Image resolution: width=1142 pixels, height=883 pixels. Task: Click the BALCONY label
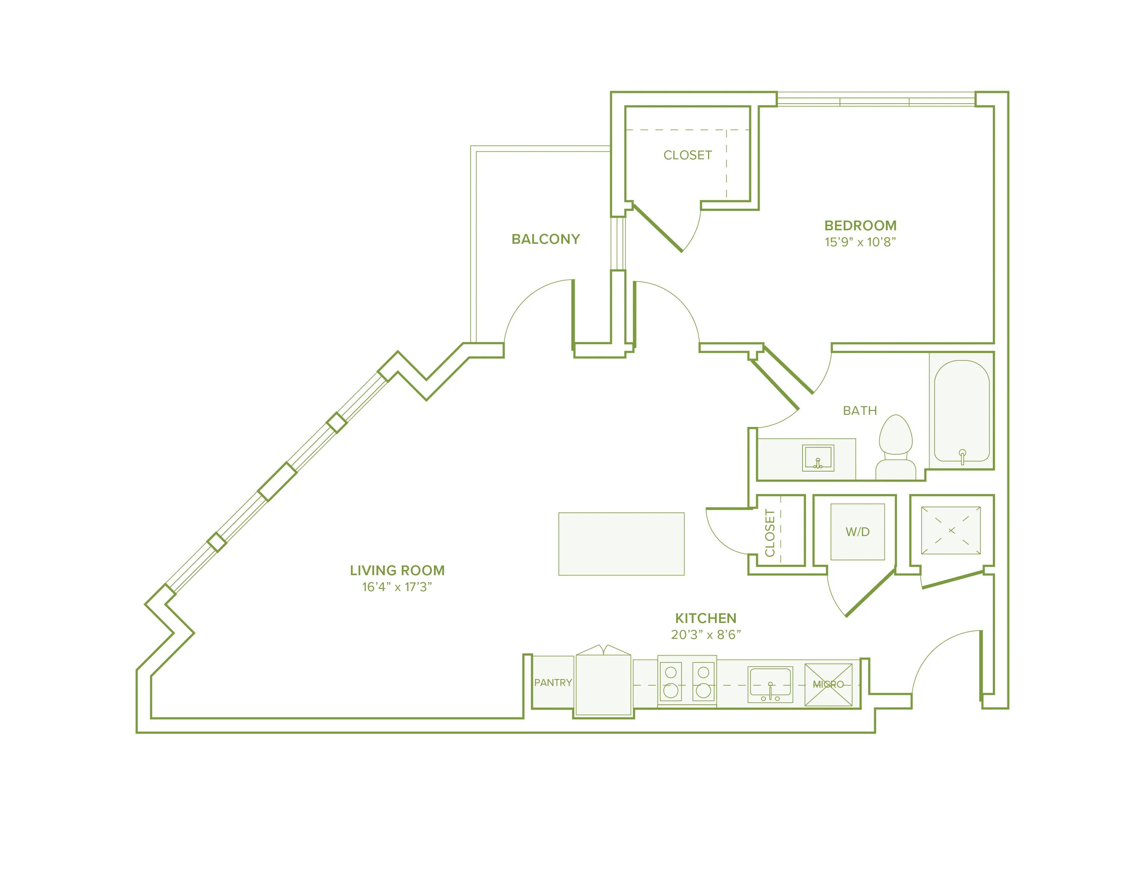coord(545,239)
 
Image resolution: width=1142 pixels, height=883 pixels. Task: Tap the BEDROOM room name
coord(860,226)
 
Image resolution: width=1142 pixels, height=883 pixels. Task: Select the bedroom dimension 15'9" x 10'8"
coord(860,242)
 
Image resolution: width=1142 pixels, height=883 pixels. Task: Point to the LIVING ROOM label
coord(397,570)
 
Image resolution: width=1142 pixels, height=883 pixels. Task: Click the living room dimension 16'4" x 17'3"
coord(397,587)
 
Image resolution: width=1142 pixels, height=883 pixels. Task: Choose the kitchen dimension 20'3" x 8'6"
coord(705,635)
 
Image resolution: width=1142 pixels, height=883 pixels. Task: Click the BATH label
coord(860,411)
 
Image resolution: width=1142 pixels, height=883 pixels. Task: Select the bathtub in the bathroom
coord(962,411)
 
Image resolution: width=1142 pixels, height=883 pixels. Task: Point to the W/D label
coord(858,532)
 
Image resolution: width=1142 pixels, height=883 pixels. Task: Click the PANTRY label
coord(553,683)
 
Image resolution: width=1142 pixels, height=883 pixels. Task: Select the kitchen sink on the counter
coord(770,684)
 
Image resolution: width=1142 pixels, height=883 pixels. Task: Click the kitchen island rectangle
coord(621,544)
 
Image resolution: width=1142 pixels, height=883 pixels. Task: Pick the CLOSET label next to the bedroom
coord(687,155)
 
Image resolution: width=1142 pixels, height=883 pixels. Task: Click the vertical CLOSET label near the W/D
coord(770,533)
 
